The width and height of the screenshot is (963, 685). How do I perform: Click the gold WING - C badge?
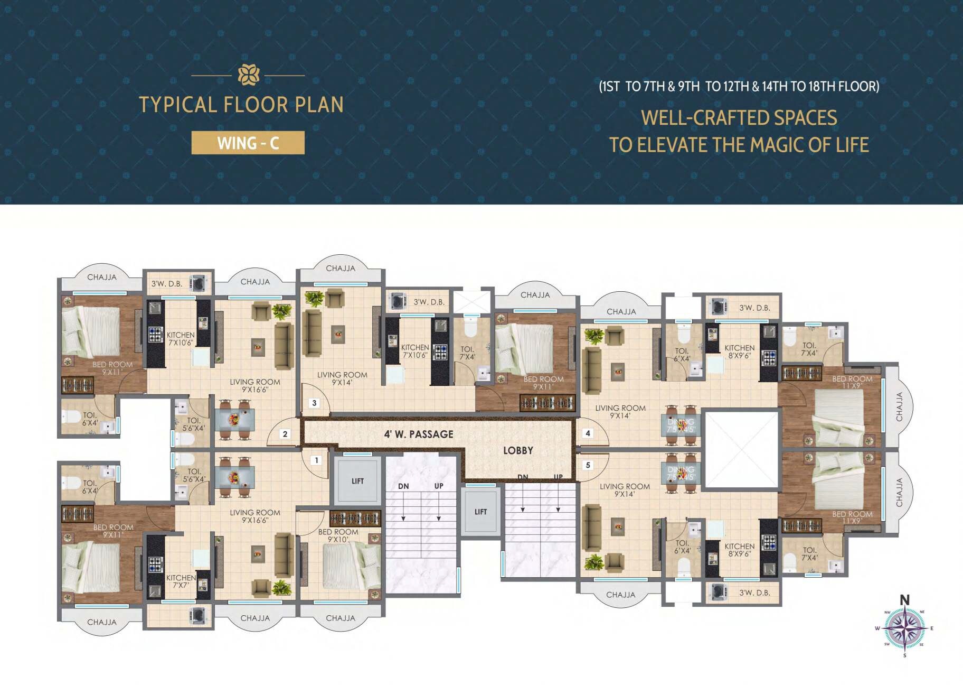(248, 143)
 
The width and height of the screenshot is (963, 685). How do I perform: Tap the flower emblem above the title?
(248, 75)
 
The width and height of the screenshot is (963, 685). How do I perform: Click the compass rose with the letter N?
(905, 628)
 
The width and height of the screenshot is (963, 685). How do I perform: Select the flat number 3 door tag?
(314, 403)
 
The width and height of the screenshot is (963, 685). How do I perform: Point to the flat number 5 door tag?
(588, 465)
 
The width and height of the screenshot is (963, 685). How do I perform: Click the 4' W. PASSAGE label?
(419, 434)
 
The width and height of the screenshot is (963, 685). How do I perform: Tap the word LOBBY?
(518, 450)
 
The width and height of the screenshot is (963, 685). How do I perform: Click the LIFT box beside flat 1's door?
(357, 481)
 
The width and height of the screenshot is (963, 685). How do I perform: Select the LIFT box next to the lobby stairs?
(480, 512)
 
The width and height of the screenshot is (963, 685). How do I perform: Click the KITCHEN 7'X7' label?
(181, 581)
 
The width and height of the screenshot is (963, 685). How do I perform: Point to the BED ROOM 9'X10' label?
(338, 535)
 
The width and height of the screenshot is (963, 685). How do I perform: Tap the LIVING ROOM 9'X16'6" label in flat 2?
(254, 385)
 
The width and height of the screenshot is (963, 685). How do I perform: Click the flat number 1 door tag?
(316, 460)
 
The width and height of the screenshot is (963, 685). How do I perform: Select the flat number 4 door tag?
(588, 433)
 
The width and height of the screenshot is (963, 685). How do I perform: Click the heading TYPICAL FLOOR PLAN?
(241, 105)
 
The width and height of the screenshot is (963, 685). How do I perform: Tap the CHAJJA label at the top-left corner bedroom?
(102, 277)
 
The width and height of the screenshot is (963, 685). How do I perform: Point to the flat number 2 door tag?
(285, 434)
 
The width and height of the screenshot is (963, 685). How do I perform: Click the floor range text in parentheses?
(739, 86)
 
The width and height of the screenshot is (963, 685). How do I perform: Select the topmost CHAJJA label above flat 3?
(341, 268)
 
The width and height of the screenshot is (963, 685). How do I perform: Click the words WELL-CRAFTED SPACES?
(739, 117)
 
